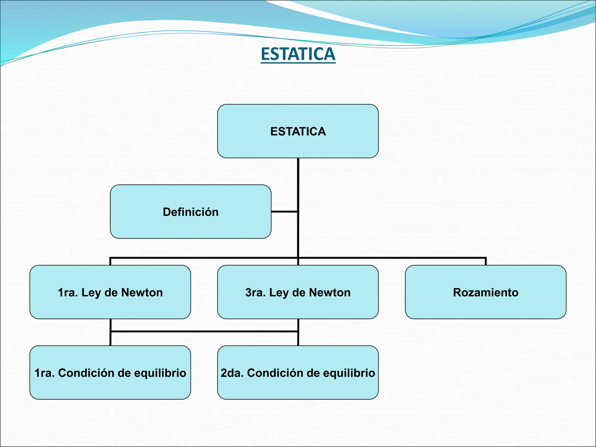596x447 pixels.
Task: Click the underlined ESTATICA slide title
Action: [298, 54]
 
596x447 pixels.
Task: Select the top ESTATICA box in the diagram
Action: [298, 131]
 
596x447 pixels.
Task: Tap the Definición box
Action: [191, 212]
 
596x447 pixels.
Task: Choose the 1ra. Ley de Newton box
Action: [110, 292]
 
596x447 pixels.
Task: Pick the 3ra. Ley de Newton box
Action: [298, 292]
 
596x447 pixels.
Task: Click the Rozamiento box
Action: [485, 292]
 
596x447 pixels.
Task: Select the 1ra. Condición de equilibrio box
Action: [110, 372]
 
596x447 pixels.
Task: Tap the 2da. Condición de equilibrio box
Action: [298, 372]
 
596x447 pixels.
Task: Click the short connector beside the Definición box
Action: [284, 212]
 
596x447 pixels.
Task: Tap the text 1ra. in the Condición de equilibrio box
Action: [45, 373]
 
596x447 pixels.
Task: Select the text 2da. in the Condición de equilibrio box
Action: [232, 373]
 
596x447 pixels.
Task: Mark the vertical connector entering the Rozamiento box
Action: [486, 261]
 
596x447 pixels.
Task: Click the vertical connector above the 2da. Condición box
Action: [298, 339]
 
